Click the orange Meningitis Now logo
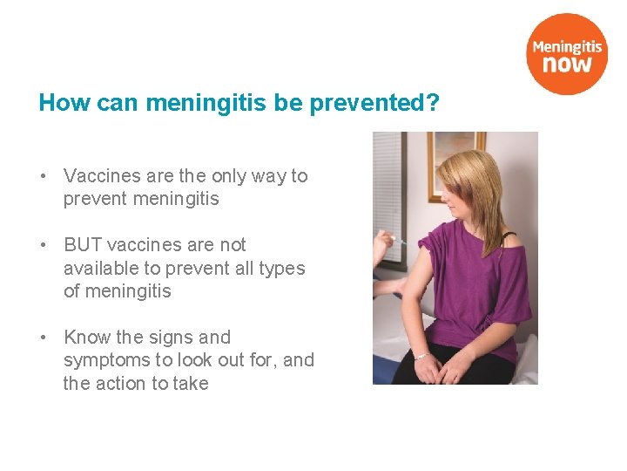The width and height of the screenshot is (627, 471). coord(566,53)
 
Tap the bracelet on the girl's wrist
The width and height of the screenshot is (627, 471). coord(422,356)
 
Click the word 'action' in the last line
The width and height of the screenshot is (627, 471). coord(122,384)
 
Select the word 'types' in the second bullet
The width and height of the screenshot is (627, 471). coord(282,269)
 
